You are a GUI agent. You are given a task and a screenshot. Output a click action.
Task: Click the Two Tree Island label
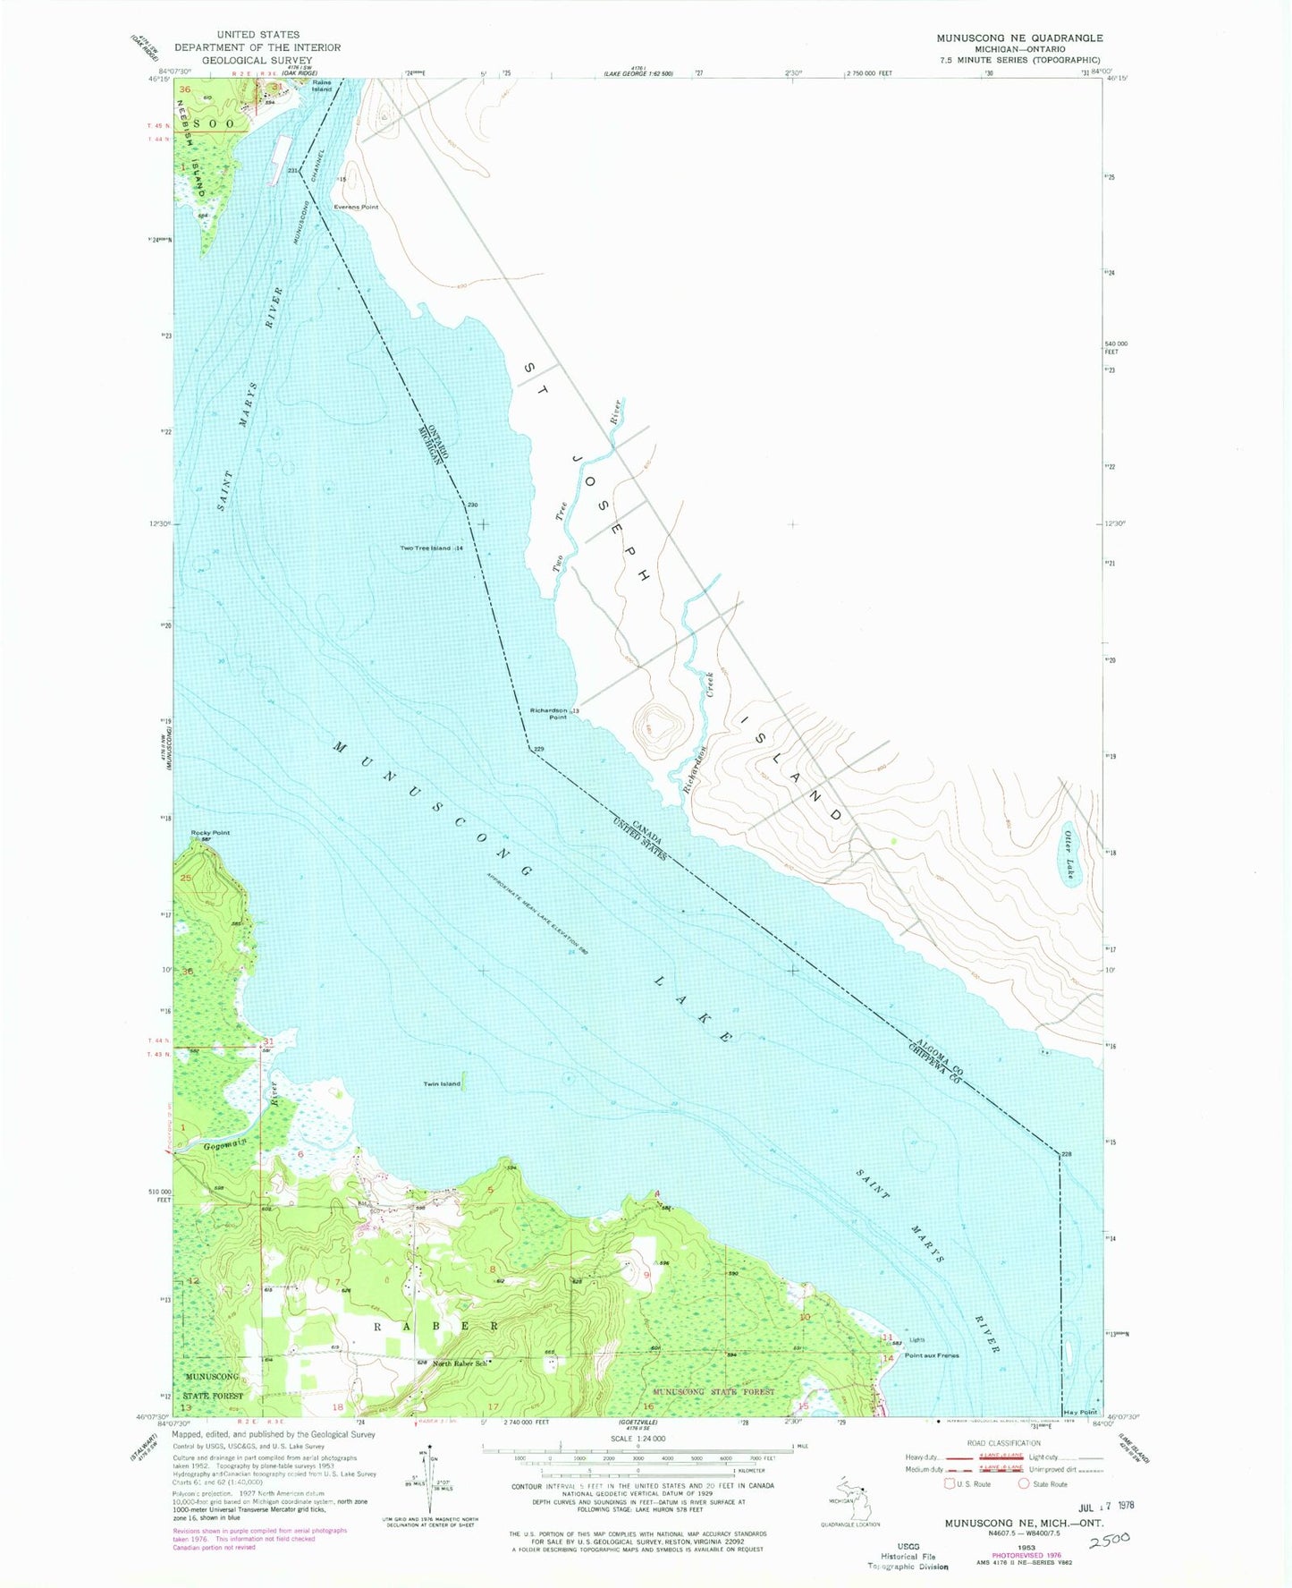tap(426, 548)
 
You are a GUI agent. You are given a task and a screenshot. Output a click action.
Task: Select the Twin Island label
tap(442, 1083)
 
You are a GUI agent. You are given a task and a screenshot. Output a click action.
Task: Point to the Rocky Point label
tap(210, 832)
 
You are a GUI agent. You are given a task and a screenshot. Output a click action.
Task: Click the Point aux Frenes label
tap(932, 1355)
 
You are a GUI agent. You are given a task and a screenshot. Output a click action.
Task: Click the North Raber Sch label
tap(460, 1363)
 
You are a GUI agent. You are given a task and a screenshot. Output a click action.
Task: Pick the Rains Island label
tap(322, 86)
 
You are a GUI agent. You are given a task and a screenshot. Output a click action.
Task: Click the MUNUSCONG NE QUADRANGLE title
tap(1019, 38)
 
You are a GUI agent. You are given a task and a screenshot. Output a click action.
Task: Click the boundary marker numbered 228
tap(1066, 1154)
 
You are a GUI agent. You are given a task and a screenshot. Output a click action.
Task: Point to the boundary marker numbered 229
tap(538, 749)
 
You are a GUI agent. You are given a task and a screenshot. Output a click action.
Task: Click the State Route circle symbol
tap(1025, 1483)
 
